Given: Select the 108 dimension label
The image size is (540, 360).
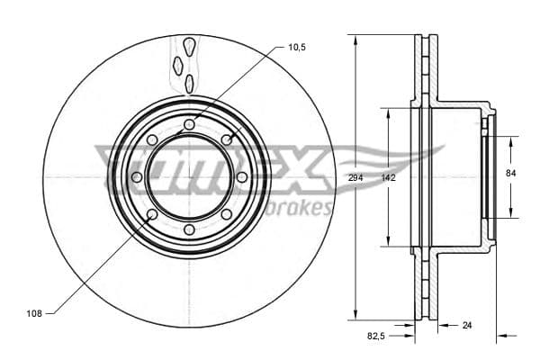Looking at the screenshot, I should click(33, 313).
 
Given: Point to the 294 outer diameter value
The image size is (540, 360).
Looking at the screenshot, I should click(355, 178).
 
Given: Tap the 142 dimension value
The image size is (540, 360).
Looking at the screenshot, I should click(388, 178).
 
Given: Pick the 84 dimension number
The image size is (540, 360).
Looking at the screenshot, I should click(510, 172).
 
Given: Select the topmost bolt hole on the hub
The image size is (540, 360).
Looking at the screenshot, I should click(189, 124).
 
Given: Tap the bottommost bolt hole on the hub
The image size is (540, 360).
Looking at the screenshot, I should click(189, 230).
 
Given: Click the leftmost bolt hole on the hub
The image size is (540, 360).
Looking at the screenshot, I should click(137, 177).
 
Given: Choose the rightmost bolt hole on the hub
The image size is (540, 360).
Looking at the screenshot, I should click(242, 177).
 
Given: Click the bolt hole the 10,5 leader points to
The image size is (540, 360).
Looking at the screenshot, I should click(227, 139).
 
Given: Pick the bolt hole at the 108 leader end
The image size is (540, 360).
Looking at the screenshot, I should click(151, 215).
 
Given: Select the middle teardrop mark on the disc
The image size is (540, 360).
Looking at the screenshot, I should click(178, 64).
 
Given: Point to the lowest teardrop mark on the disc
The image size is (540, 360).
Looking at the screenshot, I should click(189, 83).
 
